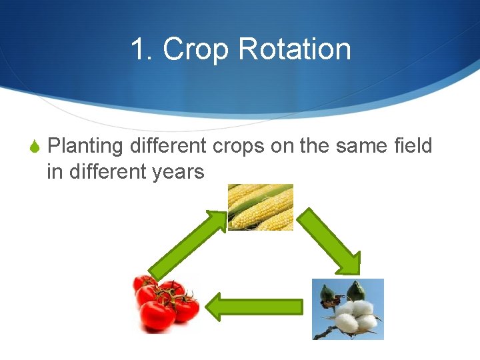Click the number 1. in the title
pyautogui.click(x=143, y=49)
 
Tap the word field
pyautogui.click(x=413, y=145)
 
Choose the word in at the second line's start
pyautogui.click(x=53, y=171)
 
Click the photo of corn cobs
pyautogui.click(x=261, y=207)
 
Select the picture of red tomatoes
pyautogui.click(x=165, y=303)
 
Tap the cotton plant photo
pyautogui.click(x=348, y=309)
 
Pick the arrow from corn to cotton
pyautogui.click(x=329, y=241)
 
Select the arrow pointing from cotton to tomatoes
pyautogui.click(x=254, y=307)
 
